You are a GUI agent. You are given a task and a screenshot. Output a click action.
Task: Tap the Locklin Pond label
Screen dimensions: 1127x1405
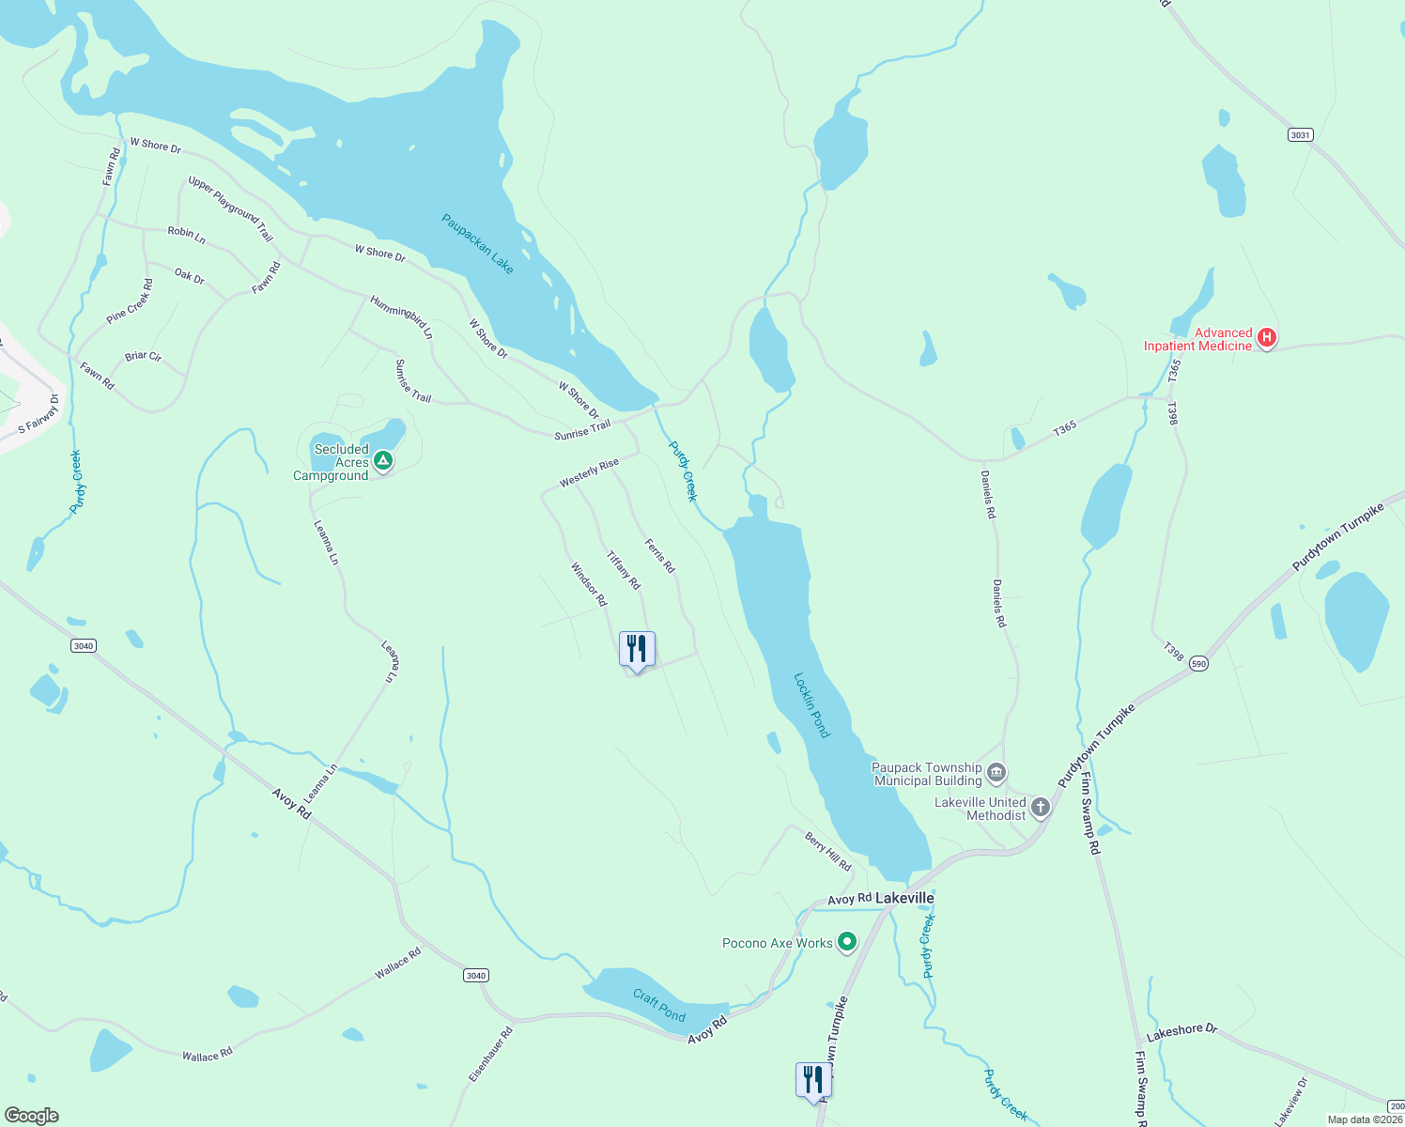click(x=811, y=705)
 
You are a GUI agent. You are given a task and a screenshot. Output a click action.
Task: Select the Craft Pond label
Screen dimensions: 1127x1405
click(x=658, y=1005)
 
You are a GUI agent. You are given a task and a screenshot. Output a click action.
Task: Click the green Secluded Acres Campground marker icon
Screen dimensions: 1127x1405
click(x=382, y=461)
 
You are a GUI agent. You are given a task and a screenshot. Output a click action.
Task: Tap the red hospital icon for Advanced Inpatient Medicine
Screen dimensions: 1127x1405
click(x=1266, y=338)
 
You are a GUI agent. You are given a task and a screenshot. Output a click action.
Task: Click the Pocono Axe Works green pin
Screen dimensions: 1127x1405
click(x=846, y=941)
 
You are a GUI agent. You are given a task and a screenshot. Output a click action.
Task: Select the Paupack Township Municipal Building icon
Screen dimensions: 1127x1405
click(x=996, y=774)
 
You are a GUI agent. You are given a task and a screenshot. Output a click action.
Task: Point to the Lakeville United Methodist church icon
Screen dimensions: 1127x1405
click(x=1040, y=808)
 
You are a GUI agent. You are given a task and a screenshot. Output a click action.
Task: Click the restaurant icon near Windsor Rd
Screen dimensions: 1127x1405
click(x=637, y=650)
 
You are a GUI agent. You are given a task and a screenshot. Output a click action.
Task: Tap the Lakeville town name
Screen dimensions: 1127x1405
click(x=904, y=898)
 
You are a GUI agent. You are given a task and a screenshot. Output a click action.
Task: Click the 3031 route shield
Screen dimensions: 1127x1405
click(x=1299, y=135)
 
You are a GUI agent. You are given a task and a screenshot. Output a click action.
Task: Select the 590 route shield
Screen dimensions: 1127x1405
click(x=1198, y=664)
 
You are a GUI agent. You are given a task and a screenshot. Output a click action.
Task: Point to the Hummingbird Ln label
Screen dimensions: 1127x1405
click(x=401, y=317)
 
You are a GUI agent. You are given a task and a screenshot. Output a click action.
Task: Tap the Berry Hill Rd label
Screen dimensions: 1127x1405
click(x=827, y=851)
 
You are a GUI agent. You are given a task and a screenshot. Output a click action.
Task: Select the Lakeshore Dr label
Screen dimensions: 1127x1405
click(x=1181, y=1032)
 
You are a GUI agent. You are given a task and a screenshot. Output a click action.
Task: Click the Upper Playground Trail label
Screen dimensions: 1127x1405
click(x=230, y=208)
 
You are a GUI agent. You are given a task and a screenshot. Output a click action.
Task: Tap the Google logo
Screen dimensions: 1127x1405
click(x=32, y=1115)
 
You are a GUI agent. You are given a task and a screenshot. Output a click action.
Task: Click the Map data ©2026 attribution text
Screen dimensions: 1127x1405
click(x=1364, y=1119)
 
